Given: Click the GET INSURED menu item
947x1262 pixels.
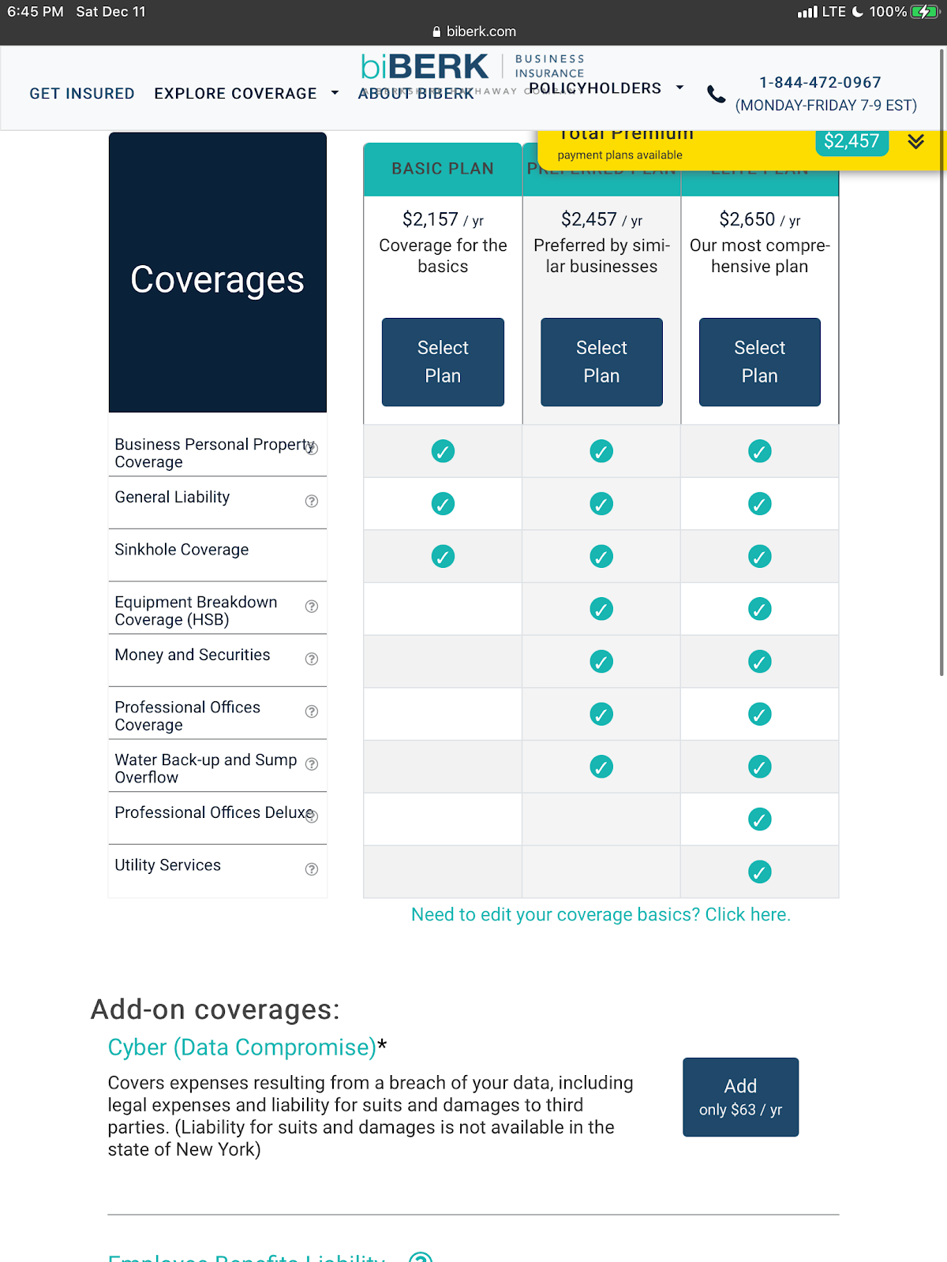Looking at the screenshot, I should [82, 94].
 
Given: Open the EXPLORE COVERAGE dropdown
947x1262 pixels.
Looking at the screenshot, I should [245, 94].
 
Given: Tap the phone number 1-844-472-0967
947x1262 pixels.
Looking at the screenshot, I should [820, 83].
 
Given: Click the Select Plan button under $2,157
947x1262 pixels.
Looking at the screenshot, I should [443, 362].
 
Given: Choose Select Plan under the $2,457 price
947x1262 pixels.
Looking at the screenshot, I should [601, 362].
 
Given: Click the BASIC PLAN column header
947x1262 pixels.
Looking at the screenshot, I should [443, 169].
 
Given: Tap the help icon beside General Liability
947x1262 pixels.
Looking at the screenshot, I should [312, 501].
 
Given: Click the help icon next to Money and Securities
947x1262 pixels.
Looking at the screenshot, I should [312, 659].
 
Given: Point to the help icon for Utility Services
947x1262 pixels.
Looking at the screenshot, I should [312, 869].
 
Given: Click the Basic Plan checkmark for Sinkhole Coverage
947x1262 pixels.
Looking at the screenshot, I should [443, 557].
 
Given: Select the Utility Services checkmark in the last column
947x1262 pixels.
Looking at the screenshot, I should [759, 872].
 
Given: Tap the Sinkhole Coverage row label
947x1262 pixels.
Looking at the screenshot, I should [182, 550].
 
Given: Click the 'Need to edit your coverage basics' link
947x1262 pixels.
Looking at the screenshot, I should [601, 915].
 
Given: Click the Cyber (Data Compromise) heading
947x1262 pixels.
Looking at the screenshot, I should [242, 1047].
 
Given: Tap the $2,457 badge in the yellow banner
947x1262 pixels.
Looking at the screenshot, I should [852, 141].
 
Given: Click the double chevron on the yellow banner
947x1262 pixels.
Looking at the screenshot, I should [915, 141].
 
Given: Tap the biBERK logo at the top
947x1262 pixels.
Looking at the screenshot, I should [425, 67].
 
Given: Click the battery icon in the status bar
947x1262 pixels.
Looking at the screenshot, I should [923, 12].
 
